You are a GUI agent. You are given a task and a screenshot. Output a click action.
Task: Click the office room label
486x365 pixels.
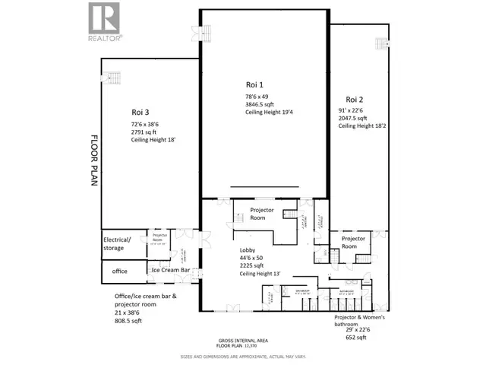pyautogui.click(x=119, y=270)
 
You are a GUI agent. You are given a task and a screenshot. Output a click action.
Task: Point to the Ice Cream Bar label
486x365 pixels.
pyautogui.click(x=170, y=270)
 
